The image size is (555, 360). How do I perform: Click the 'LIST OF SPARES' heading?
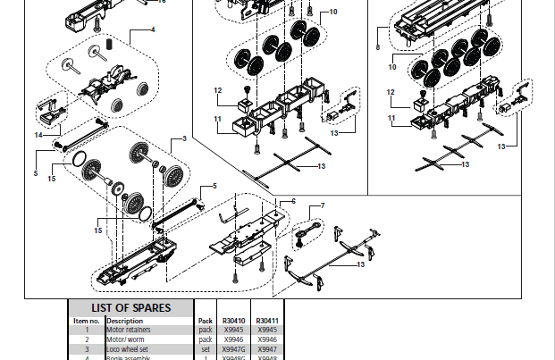point(131,308)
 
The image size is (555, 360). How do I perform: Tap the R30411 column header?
point(267,320)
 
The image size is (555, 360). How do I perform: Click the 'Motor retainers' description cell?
point(129,330)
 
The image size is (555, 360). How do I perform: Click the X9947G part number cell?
point(233,349)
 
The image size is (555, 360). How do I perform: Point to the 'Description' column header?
point(124,320)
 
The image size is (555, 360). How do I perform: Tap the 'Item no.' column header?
point(87,320)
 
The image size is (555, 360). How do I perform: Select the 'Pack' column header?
point(205,320)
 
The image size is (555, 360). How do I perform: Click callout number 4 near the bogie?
point(153,29)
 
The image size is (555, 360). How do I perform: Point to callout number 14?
point(38,135)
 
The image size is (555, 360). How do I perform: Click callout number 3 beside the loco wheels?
point(184,138)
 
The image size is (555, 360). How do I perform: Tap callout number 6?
point(291,202)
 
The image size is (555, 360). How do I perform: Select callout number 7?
point(322,206)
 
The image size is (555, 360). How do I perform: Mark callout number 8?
point(378,46)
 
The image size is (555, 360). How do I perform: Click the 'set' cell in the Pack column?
point(205,349)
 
